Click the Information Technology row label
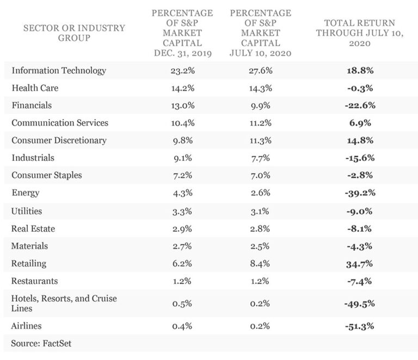pos(59,71)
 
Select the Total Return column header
pos(360,33)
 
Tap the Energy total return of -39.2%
pos(360,193)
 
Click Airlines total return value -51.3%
pos(360,326)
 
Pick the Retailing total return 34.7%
pos(360,264)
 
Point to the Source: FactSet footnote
pos(41,344)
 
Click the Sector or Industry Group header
pos(74,33)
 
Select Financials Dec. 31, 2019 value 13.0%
pos(183,105)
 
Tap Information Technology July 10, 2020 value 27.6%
pos(261,71)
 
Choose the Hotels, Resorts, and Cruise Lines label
pos(64,303)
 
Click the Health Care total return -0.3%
pos(360,88)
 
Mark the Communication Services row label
pos(60,123)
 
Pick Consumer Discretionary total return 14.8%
pos(360,140)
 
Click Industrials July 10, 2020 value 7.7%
pos(261,158)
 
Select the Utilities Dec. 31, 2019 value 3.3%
pos(182,212)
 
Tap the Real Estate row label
pos(33,229)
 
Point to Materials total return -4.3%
pos(359,246)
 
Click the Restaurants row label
pos(35,281)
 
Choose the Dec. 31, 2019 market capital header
pos(182,33)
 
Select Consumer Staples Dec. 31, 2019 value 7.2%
pos(183,175)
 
